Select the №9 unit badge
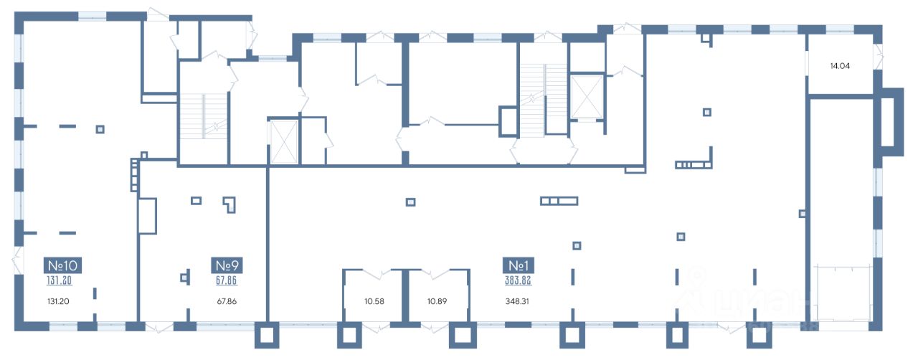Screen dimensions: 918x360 click(x=227, y=265)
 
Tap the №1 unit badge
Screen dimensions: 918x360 click(x=519, y=265)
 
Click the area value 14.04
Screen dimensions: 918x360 click(x=840, y=66)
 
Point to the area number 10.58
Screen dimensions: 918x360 click(x=374, y=301)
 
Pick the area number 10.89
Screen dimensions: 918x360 click(x=437, y=301)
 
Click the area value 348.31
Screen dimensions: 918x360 click(x=519, y=301)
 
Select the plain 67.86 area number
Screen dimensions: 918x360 click(x=227, y=301)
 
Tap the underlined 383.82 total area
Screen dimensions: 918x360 click(x=519, y=280)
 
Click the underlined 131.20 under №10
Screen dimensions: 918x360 click(x=60, y=280)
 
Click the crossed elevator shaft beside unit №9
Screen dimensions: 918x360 click(x=282, y=142)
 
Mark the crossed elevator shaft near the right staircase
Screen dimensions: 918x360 click(x=587, y=95)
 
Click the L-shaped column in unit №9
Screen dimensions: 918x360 click(x=229, y=205)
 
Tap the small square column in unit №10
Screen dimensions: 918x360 click(x=100, y=129)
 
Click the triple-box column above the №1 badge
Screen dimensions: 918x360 click(x=559, y=201)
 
